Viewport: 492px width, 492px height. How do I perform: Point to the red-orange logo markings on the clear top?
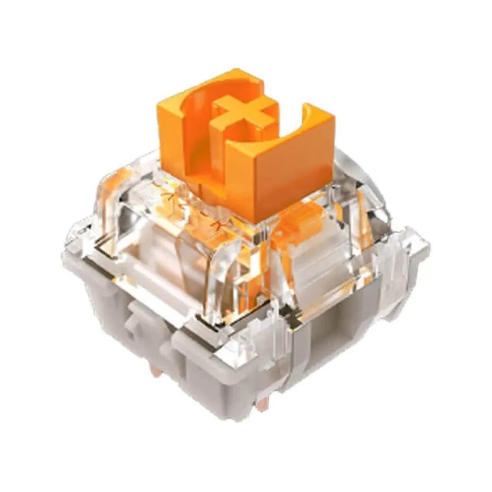[197, 207]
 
